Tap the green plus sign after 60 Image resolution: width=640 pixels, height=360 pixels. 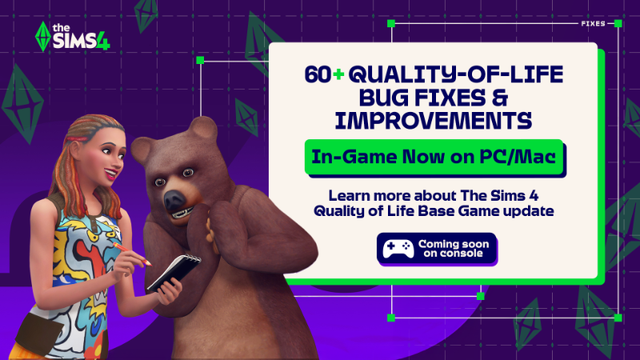click(x=338, y=74)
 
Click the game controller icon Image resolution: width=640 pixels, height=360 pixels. click(x=398, y=248)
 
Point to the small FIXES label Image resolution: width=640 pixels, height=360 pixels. click(x=593, y=23)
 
